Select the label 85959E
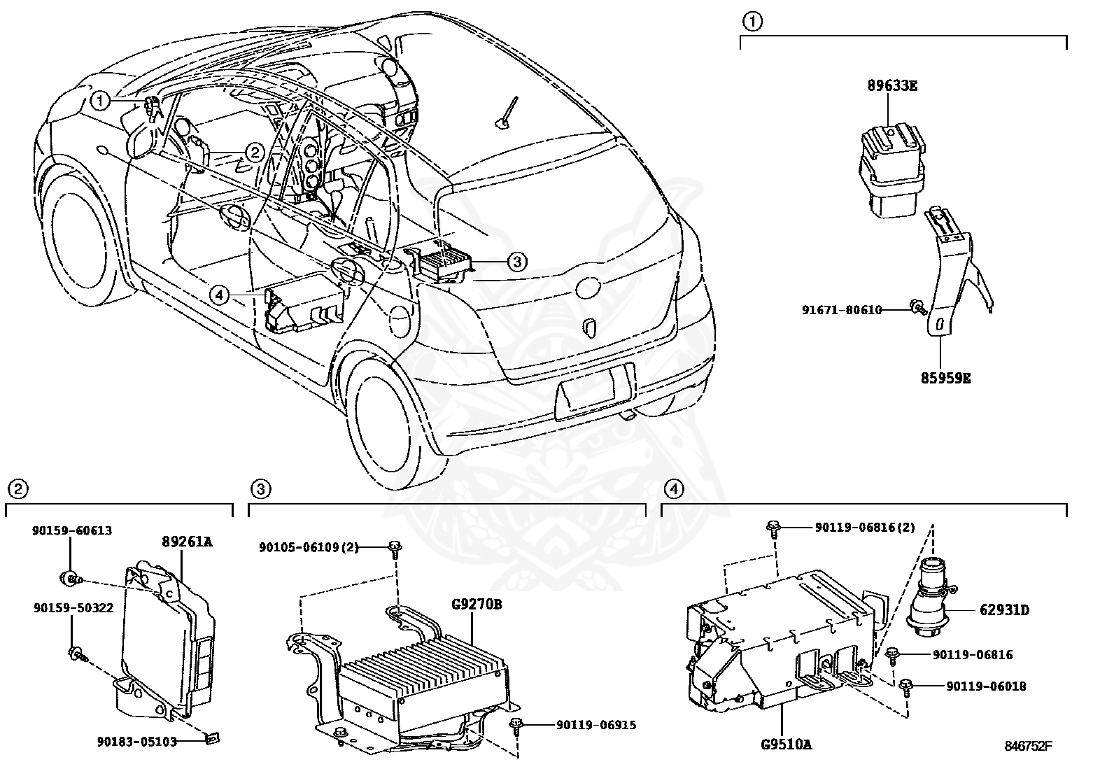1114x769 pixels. tap(945, 379)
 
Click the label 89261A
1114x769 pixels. tap(188, 542)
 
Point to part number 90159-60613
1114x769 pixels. tap(71, 531)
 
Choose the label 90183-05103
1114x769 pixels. tap(137, 741)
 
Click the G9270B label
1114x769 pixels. tap(477, 604)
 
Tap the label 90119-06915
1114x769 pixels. tap(596, 725)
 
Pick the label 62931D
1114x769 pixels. tap(1004, 610)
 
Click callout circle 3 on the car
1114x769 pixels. tap(516, 262)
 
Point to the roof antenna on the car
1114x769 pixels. tap(508, 115)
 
